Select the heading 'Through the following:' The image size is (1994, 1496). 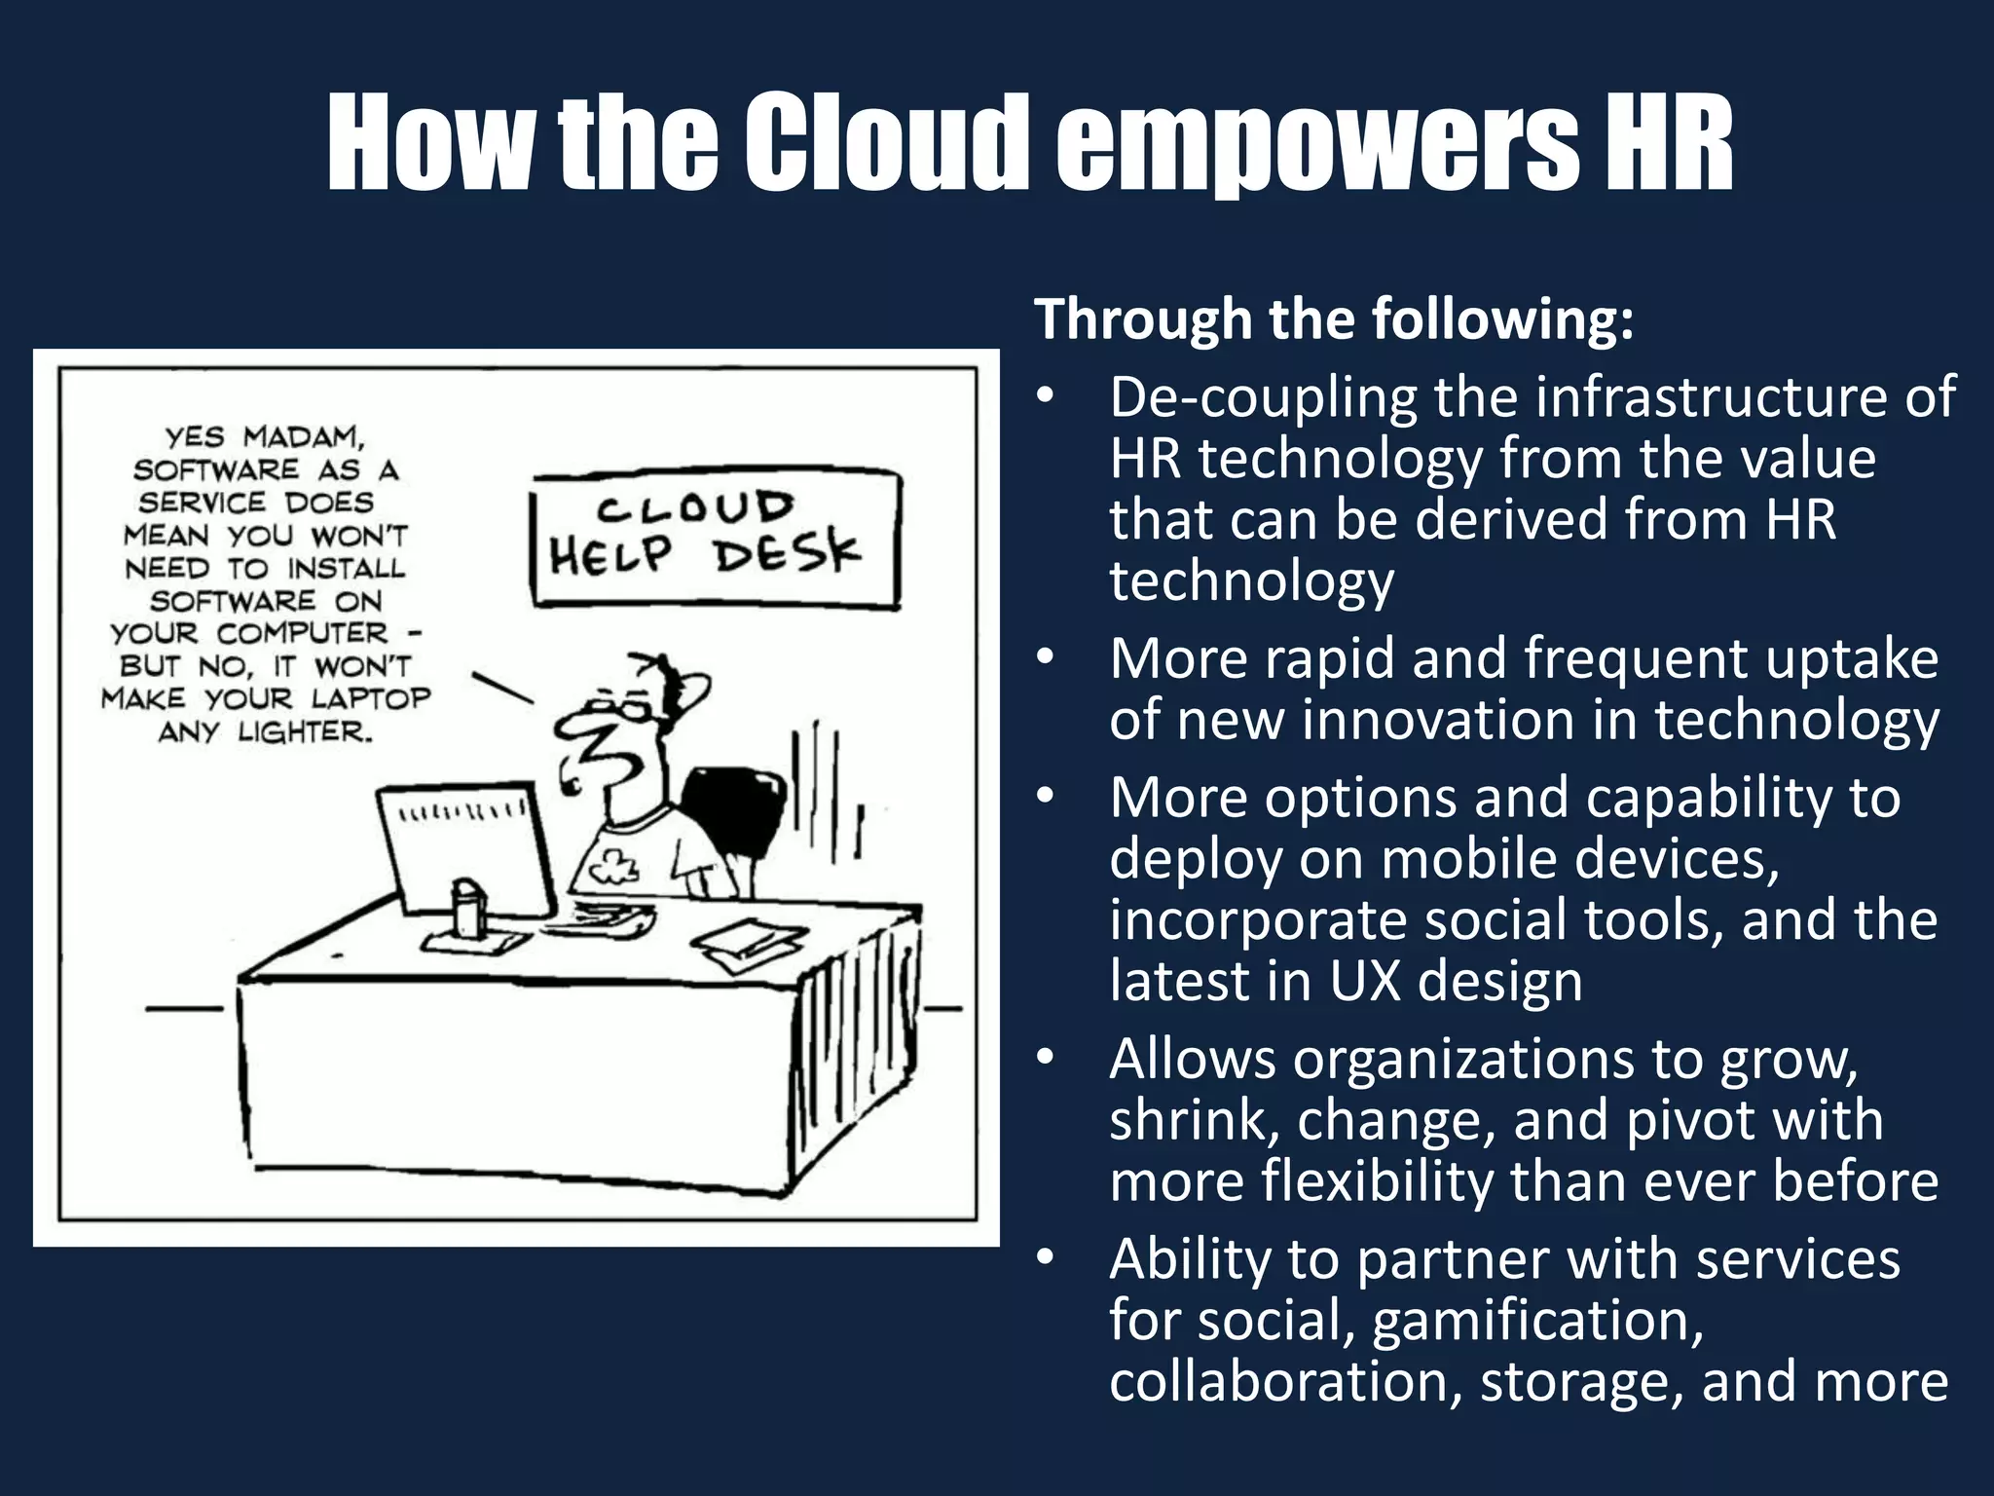[1334, 319]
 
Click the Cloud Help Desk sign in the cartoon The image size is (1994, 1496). [716, 539]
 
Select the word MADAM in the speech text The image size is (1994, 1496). [303, 436]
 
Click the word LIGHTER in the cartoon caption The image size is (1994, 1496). [305, 731]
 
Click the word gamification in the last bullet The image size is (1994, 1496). [1537, 1321]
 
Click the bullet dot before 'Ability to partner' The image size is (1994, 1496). [1046, 1257]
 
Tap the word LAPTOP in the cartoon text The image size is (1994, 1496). [371, 698]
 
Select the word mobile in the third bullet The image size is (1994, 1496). [1469, 859]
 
